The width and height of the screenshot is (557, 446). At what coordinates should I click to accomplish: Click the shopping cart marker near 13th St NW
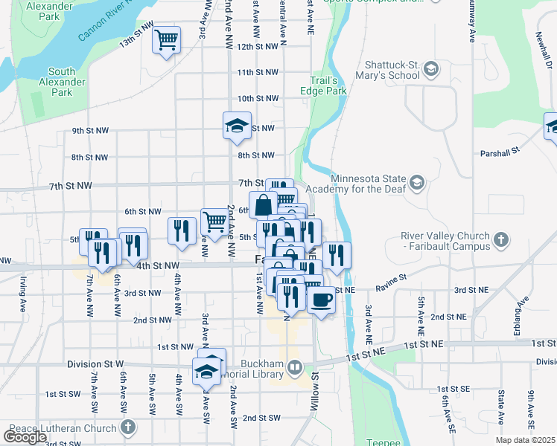tap(167, 39)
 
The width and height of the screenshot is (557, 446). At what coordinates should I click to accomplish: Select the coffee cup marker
tap(321, 300)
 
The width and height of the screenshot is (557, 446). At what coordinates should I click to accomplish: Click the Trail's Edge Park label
tap(328, 85)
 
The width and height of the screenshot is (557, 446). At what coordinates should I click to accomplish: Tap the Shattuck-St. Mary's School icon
tap(430, 70)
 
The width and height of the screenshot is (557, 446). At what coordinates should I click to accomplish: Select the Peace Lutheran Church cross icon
tap(129, 428)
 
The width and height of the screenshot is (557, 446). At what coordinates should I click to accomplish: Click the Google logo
tap(25, 437)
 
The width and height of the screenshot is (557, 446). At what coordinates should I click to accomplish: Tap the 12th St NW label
tap(257, 46)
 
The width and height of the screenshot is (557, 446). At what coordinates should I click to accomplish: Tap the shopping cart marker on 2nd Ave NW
tap(214, 221)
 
